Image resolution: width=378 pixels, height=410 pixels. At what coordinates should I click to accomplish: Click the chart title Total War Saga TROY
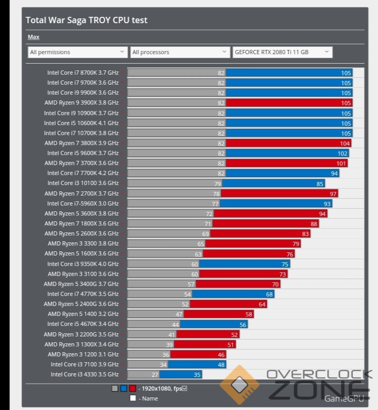pyautogui.click(x=86, y=20)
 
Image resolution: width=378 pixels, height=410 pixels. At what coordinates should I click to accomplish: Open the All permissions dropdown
pyautogui.click(x=77, y=52)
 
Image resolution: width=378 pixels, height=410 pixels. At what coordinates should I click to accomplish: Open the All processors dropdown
pyautogui.click(x=179, y=52)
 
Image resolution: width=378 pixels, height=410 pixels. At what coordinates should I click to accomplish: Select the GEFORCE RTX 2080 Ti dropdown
pyautogui.click(x=282, y=52)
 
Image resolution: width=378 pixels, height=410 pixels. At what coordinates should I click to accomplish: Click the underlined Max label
pyautogui.click(x=33, y=37)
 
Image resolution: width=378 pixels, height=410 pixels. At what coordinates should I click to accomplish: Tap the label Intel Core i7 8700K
pyautogui.click(x=83, y=73)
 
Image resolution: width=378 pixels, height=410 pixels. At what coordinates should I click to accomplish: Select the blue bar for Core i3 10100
pyautogui.click(x=280, y=183)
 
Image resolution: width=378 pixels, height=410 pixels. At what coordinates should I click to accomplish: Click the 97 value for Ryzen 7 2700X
pyautogui.click(x=333, y=193)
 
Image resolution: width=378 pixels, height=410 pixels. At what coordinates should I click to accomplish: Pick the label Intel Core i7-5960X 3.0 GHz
pyautogui.click(x=83, y=203)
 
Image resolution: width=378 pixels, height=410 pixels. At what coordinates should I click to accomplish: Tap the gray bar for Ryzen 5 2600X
pyautogui.click(x=169, y=233)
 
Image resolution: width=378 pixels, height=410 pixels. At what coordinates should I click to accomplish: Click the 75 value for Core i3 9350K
pyautogui.click(x=285, y=264)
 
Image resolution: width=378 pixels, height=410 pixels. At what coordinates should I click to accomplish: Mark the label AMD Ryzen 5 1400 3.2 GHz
pyautogui.click(x=83, y=314)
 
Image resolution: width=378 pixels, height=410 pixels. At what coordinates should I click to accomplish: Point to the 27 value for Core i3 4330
pyautogui.click(x=155, y=375)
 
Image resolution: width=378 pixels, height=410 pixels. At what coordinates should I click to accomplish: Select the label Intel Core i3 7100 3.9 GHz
pyautogui.click(x=84, y=364)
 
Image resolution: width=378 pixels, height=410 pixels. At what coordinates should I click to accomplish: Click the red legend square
pyautogui.click(x=132, y=388)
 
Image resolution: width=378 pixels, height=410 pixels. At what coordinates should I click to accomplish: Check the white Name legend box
pyautogui.click(x=133, y=398)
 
